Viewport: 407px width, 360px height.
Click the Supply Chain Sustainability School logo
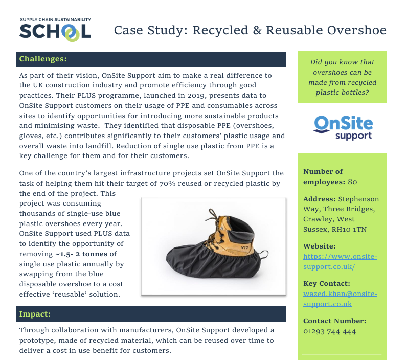click(55, 30)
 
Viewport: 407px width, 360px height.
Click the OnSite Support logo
click(343, 127)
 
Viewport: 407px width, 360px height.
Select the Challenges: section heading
click(43, 59)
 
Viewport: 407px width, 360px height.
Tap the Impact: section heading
click(35, 313)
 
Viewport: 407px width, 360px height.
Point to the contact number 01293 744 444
click(329, 331)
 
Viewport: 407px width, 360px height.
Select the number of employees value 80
click(352, 182)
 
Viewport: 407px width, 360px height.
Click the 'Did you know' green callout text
click(342, 77)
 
